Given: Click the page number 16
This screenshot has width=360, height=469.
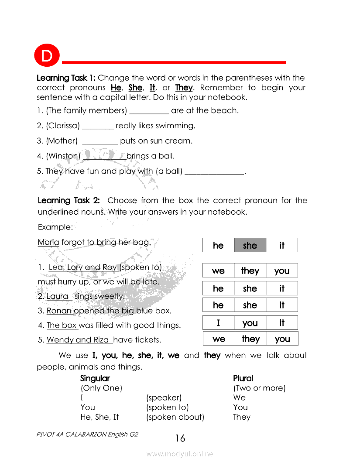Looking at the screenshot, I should click(180, 438).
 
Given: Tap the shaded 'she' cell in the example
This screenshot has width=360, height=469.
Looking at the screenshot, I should click(250, 245).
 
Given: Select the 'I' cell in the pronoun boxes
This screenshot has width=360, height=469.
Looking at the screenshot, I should click(218, 323).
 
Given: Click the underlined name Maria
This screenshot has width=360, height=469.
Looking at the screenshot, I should click(48, 242).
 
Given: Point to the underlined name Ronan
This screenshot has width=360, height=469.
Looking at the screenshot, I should click(59, 311).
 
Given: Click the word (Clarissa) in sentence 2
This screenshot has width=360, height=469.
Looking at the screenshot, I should click(63, 126).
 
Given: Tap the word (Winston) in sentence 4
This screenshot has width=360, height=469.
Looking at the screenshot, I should click(63, 156).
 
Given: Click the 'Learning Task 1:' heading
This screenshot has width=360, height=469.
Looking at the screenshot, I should click(66, 78).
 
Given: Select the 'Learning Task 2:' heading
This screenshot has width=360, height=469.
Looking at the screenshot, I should click(69, 201).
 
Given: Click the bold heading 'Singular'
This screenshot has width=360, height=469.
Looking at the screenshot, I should click(95, 378).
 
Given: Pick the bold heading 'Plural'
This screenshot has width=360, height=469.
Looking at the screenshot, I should click(243, 378).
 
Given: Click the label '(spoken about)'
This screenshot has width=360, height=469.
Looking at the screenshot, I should click(175, 417).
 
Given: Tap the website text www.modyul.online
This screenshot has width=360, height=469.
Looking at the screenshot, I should click(180, 454).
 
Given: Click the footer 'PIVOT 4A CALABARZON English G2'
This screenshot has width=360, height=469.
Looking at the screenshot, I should click(88, 435).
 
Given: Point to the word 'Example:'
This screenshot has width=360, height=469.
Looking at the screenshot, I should click(55, 227).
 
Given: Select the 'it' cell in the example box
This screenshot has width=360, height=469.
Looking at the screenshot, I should click(282, 245).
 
